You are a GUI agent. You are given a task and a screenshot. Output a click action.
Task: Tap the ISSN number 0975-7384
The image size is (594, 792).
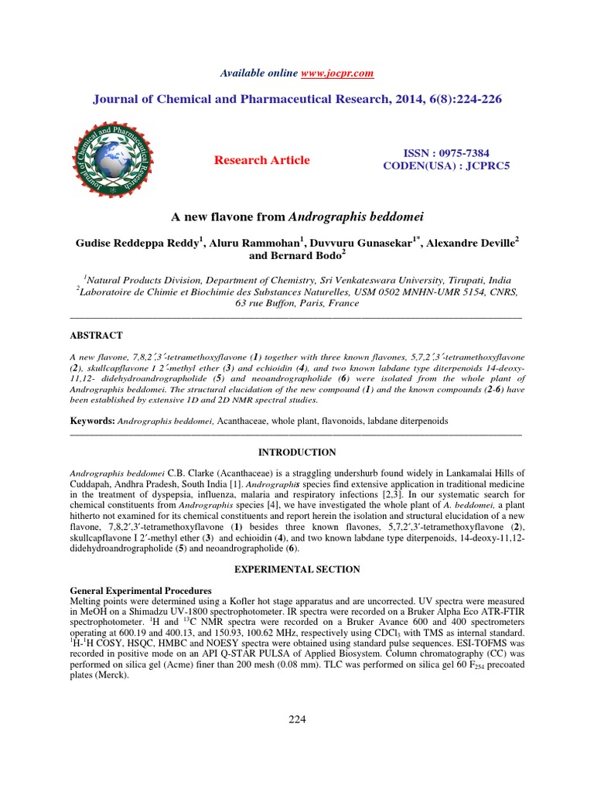pos(462,153)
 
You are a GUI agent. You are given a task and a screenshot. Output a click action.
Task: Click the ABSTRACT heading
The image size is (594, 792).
pos(97,335)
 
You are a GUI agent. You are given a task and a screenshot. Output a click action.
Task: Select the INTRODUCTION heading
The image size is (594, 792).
pos(296,452)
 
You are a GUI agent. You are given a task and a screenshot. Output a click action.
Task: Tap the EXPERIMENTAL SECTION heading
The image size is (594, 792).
pos(296,569)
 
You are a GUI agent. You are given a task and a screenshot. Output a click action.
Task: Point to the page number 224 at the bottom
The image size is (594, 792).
pos(297,719)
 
